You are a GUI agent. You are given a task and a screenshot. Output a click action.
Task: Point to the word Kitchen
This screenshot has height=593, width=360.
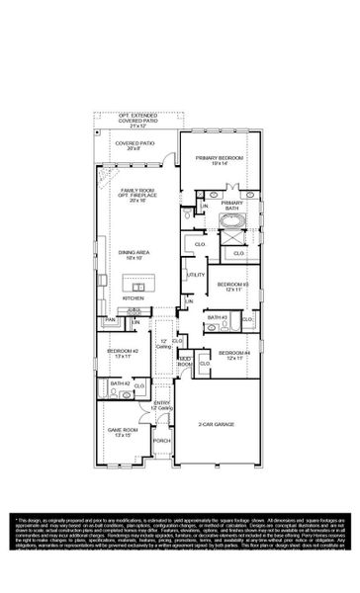coord(134,297)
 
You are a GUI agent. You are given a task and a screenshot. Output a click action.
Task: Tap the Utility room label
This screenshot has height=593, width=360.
coord(195,275)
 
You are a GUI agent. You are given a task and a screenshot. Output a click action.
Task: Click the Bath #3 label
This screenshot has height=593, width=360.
coord(218,318)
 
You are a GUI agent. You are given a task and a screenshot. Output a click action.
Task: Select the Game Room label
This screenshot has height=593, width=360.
coord(124,433)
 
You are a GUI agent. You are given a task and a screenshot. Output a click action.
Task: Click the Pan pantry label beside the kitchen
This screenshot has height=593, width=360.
coord(111,319)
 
